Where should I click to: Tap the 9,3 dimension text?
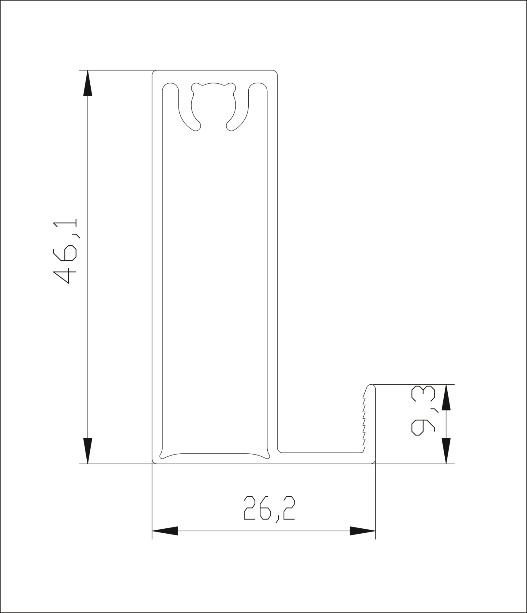point(423,410)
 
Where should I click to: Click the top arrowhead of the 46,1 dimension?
point(88,83)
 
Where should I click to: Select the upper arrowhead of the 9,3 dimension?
point(446,397)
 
